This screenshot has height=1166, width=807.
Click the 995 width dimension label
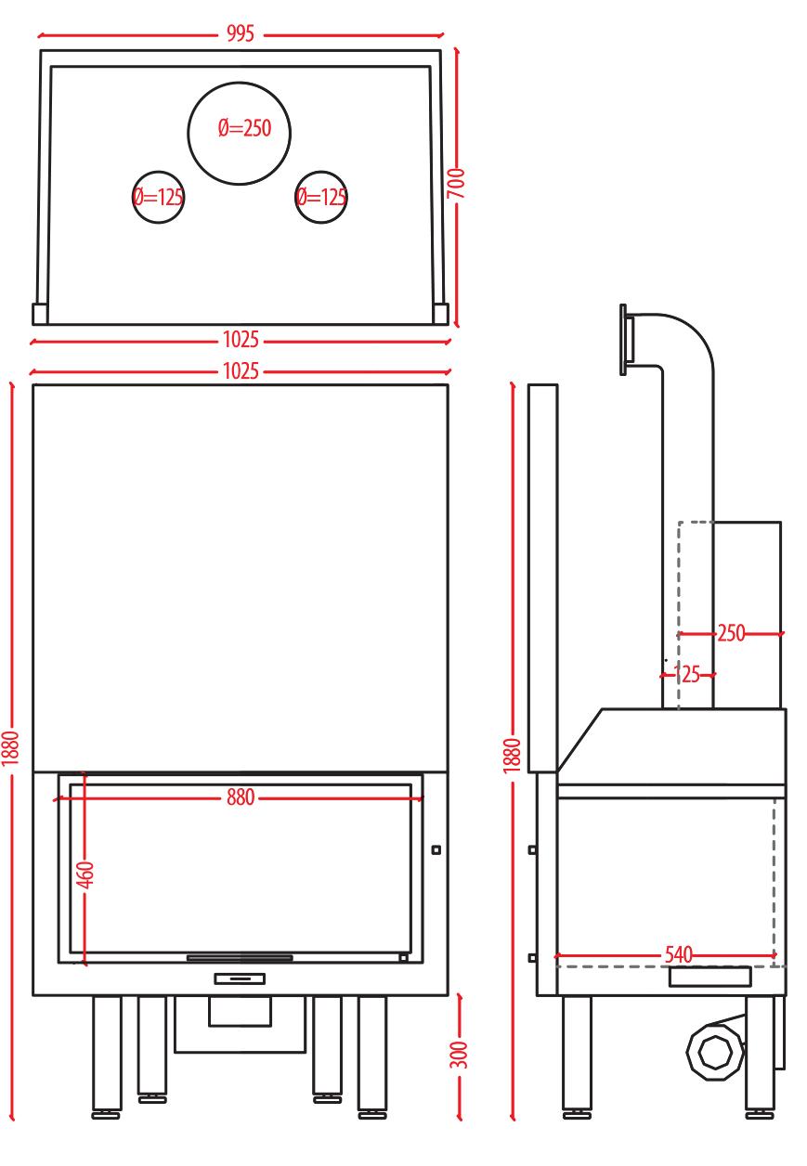[240, 34]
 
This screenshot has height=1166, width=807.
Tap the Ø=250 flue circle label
[245, 128]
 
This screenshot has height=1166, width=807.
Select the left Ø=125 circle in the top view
[158, 198]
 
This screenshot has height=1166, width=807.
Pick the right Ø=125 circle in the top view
[321, 198]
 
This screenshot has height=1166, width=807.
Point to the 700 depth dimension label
[456, 183]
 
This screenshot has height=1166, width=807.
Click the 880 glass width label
[240, 797]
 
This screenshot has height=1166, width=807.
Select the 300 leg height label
[459, 1055]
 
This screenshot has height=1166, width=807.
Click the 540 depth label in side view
[679, 954]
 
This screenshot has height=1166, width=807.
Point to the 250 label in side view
[731, 633]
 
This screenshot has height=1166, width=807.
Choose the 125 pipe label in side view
[687, 674]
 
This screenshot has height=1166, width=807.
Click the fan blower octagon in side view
[715, 1052]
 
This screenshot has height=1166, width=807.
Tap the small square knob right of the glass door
[436, 850]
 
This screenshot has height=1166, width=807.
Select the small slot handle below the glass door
[240, 978]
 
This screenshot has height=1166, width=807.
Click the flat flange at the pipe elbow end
[623, 340]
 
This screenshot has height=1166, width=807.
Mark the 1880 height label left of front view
[10, 748]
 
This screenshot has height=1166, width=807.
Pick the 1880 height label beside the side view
[513, 756]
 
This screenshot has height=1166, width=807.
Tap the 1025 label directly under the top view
[241, 340]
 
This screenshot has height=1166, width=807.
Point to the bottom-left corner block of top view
[40, 314]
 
